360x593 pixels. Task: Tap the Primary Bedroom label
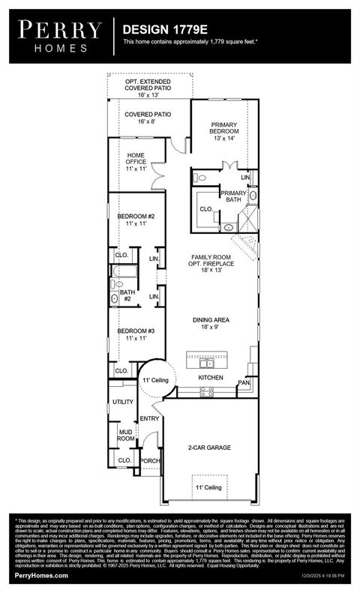224,131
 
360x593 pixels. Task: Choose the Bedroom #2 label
136,220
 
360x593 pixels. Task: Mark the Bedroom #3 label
136,334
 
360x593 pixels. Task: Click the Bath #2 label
127,295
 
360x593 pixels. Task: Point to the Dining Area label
211,324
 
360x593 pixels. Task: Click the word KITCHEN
211,379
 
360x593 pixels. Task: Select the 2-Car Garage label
209,448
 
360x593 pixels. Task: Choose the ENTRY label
150,419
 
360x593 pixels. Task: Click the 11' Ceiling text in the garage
209,488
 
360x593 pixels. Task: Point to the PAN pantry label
244,383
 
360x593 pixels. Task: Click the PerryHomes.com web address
41,576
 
